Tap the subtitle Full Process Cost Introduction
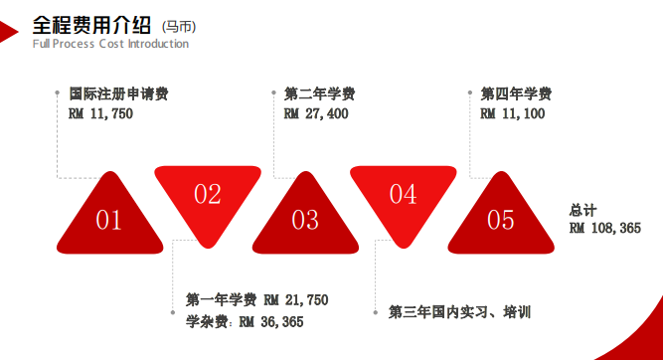pyautogui.click(x=110, y=44)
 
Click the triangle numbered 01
pyautogui.click(x=108, y=218)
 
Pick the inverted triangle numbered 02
pyautogui.click(x=207, y=193)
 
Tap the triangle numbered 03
pyautogui.click(x=304, y=218)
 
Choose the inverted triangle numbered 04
pyautogui.click(x=403, y=193)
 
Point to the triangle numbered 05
pyautogui.click(x=500, y=218)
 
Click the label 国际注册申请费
pyautogui.click(x=118, y=94)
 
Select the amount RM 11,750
pyautogui.click(x=100, y=113)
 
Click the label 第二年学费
pyautogui.click(x=319, y=94)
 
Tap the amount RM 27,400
pyautogui.click(x=316, y=113)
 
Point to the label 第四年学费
pyautogui.click(x=516, y=94)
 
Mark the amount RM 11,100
pyautogui.click(x=513, y=113)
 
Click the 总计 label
pyautogui.click(x=582, y=210)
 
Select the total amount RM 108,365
pyautogui.click(x=605, y=228)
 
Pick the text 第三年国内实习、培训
pyautogui.click(x=460, y=312)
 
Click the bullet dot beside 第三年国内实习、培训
pyautogui.click(x=374, y=311)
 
